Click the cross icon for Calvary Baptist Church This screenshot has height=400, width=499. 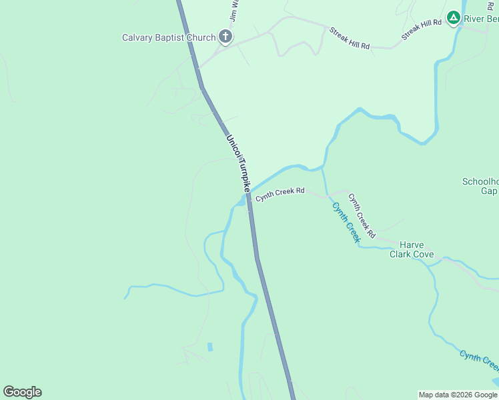(225, 37)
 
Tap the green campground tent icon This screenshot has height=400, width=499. (454, 17)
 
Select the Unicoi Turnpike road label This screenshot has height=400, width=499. (237, 163)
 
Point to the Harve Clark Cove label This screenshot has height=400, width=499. (412, 249)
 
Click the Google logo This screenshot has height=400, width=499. (22, 392)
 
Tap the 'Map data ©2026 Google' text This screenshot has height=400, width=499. (458, 395)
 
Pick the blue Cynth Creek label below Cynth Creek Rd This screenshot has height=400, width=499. (346, 222)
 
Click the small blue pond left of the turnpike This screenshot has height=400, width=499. (210, 347)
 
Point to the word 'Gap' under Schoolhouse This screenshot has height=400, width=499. (489, 191)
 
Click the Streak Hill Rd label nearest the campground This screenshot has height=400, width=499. (422, 31)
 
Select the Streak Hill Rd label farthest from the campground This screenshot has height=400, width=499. (350, 39)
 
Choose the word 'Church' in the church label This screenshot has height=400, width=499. (200, 37)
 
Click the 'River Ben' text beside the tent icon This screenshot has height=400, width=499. (482, 19)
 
